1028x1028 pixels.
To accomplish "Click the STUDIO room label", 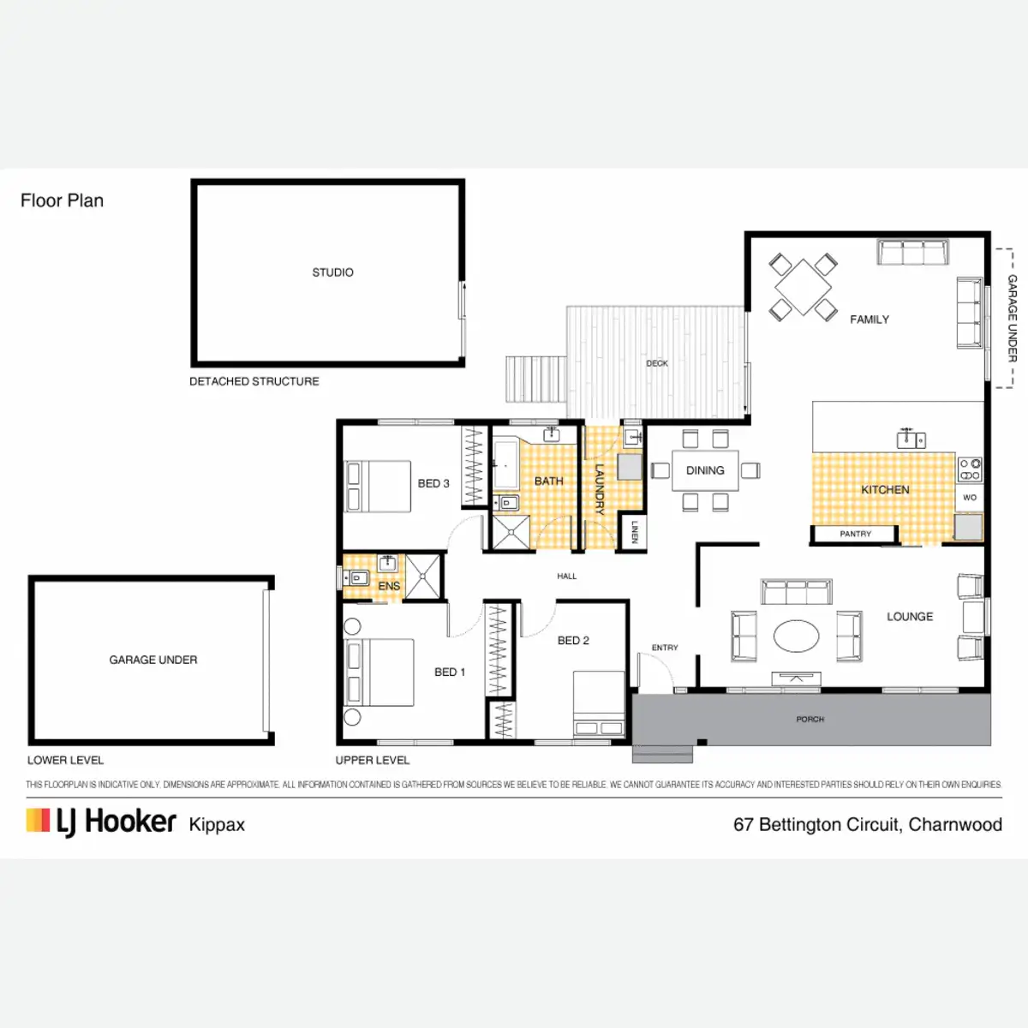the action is pos(332,272).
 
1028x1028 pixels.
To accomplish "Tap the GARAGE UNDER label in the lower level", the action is pos(153,660).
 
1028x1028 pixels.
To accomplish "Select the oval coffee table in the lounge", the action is pos(796,636).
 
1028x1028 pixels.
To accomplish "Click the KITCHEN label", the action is pos(885,490).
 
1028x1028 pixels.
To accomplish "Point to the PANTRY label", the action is pos(855,534).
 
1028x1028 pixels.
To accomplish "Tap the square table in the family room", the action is pos(803,287).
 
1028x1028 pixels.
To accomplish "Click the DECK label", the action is pos(657,363).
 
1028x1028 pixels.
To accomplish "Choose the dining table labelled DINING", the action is pos(705,470).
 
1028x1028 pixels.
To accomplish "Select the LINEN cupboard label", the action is pos(634,532).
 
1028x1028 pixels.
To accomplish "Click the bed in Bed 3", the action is pos(378,487).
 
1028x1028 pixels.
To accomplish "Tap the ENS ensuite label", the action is pos(389,586).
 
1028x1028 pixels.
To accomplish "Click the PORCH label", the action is pos(810,720).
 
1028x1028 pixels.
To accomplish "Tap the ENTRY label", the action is pos(665,648).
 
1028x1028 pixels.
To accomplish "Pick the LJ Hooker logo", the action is pos(101,822).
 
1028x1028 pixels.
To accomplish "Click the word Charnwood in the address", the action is pos(955,824).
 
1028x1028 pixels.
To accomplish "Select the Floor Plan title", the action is pos(62,200).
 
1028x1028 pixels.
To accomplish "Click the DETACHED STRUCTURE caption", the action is pos(254,381).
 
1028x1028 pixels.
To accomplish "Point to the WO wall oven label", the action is pos(970,497).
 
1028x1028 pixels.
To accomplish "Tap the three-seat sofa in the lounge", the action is pos(797,592).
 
